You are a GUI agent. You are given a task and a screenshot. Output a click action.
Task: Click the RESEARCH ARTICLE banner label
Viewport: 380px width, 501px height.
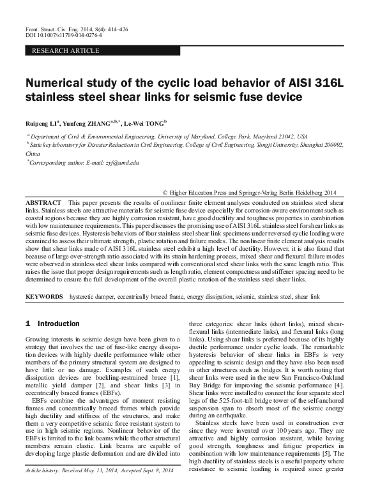(65, 50)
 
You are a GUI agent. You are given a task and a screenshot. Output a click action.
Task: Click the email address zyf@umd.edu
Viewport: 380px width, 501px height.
(120, 163)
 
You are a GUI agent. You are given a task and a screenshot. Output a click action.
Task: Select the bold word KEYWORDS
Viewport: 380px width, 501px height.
(44, 297)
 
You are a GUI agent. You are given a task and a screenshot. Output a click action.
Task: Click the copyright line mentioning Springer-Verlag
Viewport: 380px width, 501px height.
(249, 191)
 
